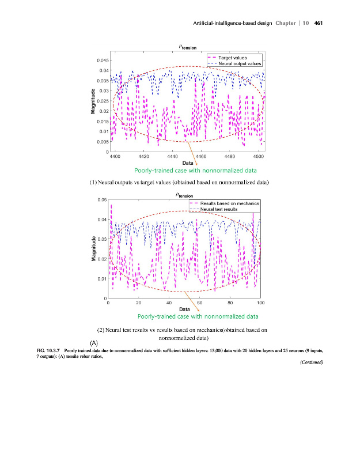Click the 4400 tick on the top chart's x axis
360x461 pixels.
pos(115,156)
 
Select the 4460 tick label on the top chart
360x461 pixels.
pos(202,156)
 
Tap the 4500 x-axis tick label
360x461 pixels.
pos(259,156)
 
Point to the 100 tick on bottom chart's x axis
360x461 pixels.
pos(261,303)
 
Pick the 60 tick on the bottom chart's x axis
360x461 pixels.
pos(199,303)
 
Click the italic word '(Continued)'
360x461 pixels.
pos(311,362)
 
